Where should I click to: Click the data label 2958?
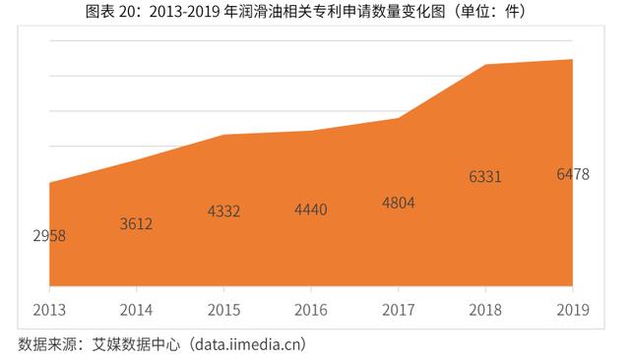(x=48, y=236)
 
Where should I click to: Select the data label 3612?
(x=136, y=224)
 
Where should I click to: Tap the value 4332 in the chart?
(x=223, y=211)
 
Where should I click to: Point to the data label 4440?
(x=311, y=210)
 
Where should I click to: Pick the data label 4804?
(x=398, y=204)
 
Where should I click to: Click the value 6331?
(x=485, y=178)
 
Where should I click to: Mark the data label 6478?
(x=572, y=175)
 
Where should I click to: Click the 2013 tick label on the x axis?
(x=49, y=310)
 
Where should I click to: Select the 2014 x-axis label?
(x=136, y=310)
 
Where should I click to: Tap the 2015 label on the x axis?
(x=223, y=310)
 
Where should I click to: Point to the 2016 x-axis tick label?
(x=311, y=310)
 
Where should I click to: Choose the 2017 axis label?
(x=398, y=310)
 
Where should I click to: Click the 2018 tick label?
(x=485, y=310)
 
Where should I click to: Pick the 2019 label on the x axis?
(x=572, y=310)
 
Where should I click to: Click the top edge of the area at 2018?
(x=485, y=65)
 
